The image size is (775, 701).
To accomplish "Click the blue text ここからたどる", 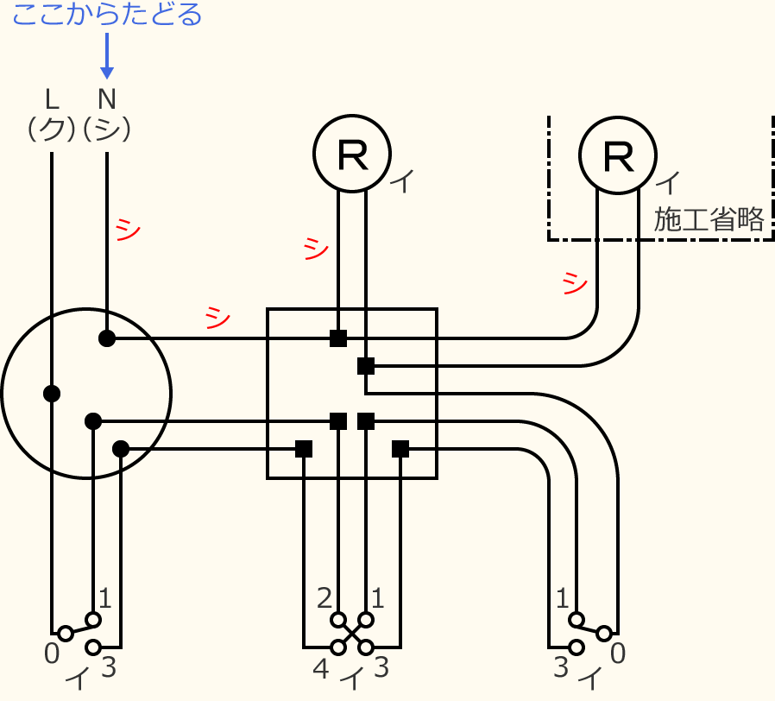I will click(x=107, y=16).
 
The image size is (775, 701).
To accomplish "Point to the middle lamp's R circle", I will click(x=352, y=154).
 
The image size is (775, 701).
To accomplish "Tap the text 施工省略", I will click(x=709, y=219).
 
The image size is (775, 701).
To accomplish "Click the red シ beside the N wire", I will click(x=128, y=229).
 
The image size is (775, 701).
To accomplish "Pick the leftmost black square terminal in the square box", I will click(x=304, y=449).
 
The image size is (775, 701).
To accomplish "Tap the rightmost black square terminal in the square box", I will click(x=400, y=449).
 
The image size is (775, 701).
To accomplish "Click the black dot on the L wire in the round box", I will click(x=52, y=394).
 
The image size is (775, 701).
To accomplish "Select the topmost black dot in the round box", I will click(x=107, y=338).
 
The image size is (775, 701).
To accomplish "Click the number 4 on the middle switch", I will click(x=320, y=667).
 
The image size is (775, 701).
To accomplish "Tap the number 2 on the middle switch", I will click(x=324, y=597).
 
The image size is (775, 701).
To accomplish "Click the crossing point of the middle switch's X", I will click(x=352, y=634).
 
